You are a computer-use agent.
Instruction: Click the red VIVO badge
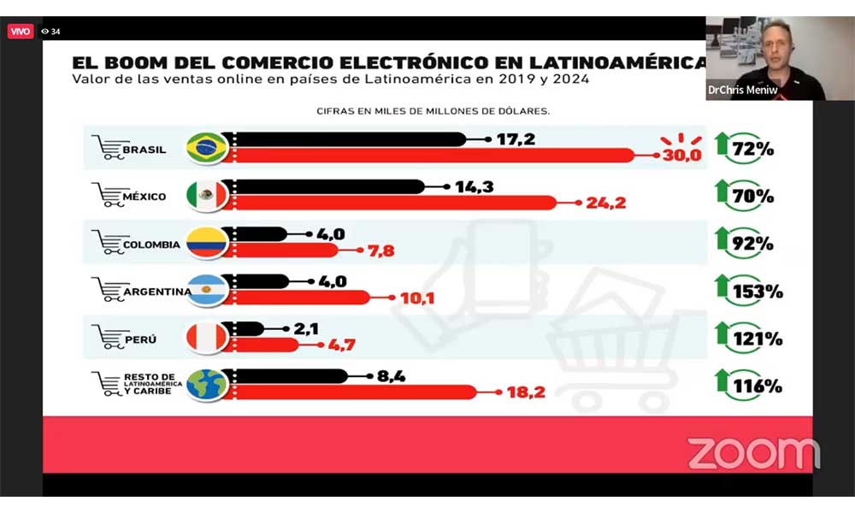pyautogui.click(x=21, y=31)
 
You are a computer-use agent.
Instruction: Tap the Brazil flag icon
pyautogui.click(x=207, y=147)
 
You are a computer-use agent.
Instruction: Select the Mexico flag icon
pyautogui.click(x=207, y=195)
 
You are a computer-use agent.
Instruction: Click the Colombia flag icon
pyautogui.click(x=207, y=243)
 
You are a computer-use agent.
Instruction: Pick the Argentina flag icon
pyautogui.click(x=207, y=290)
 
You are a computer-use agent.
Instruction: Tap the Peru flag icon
pyautogui.click(x=207, y=338)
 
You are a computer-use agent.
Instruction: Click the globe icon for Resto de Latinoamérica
pyautogui.click(x=207, y=385)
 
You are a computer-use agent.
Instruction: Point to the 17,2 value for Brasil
pyautogui.click(x=516, y=139)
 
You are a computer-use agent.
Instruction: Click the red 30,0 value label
pyautogui.click(x=682, y=156)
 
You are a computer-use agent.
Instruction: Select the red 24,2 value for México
pyautogui.click(x=606, y=203)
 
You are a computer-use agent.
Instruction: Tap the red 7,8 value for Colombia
pyautogui.click(x=380, y=251)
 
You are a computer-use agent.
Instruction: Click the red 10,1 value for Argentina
pyautogui.click(x=417, y=298)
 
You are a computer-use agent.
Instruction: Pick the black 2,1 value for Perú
pyautogui.click(x=306, y=328)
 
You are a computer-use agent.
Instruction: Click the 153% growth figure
pyautogui.click(x=758, y=292)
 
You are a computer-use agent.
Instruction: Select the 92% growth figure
pyautogui.click(x=752, y=244)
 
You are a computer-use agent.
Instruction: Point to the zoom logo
pyautogui.click(x=753, y=453)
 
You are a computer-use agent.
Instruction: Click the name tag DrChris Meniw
pyautogui.click(x=743, y=90)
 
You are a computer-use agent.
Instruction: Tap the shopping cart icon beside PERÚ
pyautogui.click(x=108, y=336)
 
